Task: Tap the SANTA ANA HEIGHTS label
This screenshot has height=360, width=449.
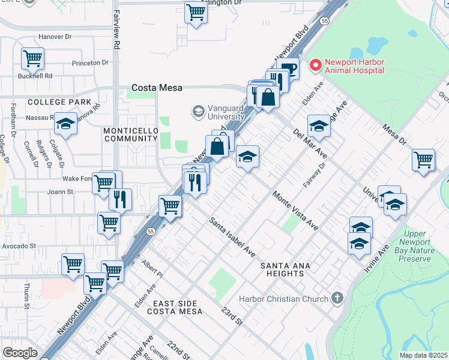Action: click(282, 269)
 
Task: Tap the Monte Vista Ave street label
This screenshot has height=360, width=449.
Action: click(295, 212)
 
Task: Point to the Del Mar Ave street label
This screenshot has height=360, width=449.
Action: click(310, 142)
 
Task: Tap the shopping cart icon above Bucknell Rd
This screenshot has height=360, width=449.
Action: click(32, 58)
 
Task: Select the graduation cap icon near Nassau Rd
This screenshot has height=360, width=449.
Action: click(66, 124)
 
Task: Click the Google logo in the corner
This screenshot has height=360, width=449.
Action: click(20, 353)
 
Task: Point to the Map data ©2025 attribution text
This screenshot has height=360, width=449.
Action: click(423, 355)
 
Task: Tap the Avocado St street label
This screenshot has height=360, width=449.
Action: click(19, 245)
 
